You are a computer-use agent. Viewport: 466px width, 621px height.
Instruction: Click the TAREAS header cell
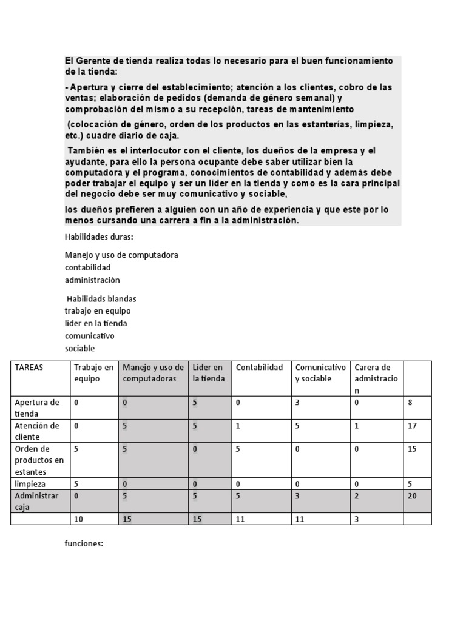tap(29, 368)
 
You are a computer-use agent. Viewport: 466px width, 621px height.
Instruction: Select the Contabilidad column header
tap(259, 368)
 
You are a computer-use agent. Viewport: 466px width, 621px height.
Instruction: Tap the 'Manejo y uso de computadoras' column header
tap(153, 373)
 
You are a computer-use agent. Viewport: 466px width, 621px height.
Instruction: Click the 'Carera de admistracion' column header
tap(376, 378)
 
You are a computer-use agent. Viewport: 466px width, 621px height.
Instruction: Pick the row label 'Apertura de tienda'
tap(36, 408)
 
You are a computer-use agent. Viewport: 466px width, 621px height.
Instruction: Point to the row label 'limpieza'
tap(30, 484)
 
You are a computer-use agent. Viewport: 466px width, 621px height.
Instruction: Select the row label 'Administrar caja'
tap(36, 501)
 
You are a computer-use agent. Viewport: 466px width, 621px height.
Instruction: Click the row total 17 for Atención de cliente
tap(412, 426)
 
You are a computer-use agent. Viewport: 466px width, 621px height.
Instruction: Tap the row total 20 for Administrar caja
tap(412, 495)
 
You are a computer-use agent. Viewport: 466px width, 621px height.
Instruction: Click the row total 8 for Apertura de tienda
tap(410, 402)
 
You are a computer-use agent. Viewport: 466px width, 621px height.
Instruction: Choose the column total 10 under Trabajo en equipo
tap(78, 519)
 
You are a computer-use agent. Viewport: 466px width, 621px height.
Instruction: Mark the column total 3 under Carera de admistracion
tap(357, 519)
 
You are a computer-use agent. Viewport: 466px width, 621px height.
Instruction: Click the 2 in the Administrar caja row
tap(357, 495)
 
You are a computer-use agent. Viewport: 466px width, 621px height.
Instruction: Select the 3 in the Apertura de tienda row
tap(297, 402)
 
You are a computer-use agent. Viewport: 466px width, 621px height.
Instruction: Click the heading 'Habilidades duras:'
tap(98, 237)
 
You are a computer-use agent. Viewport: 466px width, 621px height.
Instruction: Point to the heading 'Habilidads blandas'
tap(101, 299)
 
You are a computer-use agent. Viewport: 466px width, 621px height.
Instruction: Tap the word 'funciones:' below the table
tap(84, 543)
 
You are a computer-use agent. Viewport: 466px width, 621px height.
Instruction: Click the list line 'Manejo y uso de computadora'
tap(121, 255)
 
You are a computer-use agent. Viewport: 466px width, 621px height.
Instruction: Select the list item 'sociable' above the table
tap(79, 348)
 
